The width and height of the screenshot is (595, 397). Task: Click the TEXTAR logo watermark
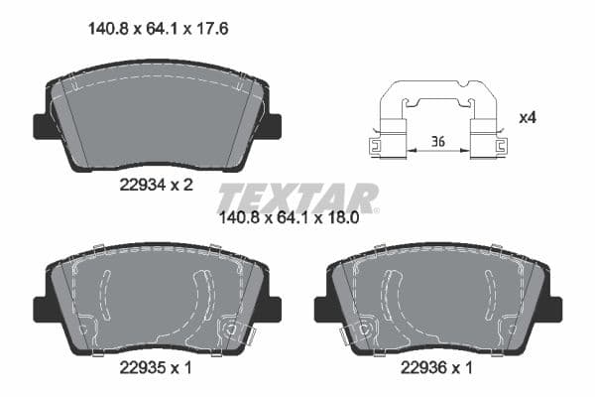[x=297, y=198]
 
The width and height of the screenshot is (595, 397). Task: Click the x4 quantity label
[x=529, y=118]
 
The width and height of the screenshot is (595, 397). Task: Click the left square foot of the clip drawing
[x=379, y=146]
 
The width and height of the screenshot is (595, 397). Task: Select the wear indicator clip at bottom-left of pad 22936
[x=348, y=336]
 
